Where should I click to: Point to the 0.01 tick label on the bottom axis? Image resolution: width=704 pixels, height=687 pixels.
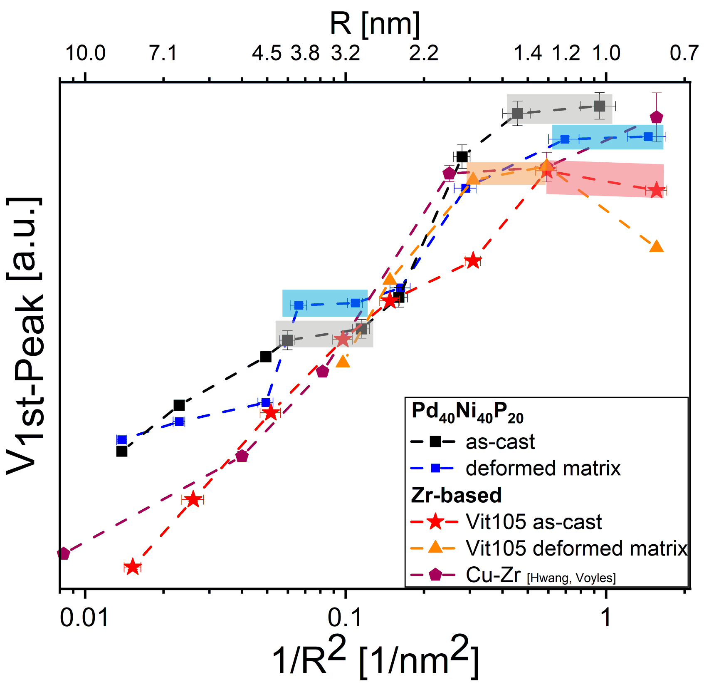coord(84,618)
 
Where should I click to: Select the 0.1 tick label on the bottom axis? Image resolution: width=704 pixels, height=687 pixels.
coord(346,618)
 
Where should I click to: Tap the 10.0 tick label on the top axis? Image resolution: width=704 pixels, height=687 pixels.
coord(85,53)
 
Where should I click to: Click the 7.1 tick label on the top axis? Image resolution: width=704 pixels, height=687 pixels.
coord(163,53)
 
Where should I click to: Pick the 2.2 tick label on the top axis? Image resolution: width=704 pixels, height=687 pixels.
coord(424,53)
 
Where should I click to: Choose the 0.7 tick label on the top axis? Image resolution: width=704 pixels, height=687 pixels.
coord(684,53)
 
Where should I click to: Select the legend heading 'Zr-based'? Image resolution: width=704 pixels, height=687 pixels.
coord(456,495)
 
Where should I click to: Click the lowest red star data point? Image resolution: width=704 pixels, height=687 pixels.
coord(133,567)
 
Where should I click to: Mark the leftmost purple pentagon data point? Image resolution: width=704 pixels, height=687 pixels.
coord(63,553)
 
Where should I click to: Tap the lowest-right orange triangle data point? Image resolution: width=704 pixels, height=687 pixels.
coord(656,246)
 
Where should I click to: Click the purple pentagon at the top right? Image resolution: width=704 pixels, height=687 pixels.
coord(656,117)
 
